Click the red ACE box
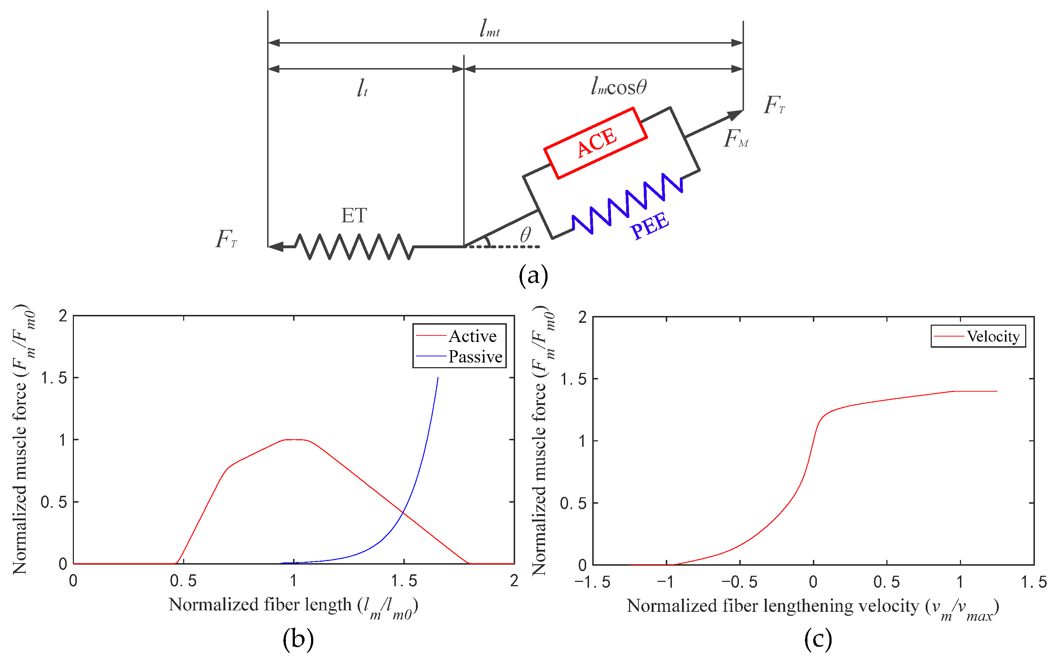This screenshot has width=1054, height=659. point(595,143)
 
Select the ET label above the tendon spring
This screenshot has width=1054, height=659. point(354,215)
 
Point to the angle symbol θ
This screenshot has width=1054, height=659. point(525,235)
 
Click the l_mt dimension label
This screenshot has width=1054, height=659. point(490,29)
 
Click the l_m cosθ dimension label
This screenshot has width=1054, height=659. point(619,87)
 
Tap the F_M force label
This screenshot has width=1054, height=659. point(736,139)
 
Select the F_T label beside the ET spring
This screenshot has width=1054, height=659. point(227,239)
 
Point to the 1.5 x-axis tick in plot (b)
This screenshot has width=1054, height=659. point(404,581)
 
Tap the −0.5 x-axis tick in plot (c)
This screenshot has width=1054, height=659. point(739,582)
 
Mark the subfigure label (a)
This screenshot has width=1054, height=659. point(533,276)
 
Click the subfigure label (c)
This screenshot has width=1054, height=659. point(818,639)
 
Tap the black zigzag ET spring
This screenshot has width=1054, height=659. point(354,247)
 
